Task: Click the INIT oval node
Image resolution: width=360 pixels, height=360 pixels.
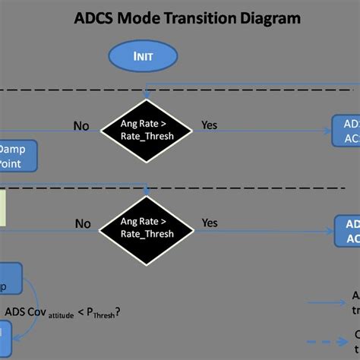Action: tap(144, 55)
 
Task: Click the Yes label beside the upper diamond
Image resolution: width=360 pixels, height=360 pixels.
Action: tap(210, 125)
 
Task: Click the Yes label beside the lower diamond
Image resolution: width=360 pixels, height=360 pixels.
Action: tap(210, 223)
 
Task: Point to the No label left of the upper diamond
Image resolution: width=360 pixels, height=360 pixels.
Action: tap(81, 125)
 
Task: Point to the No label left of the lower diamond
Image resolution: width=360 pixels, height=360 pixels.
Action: tap(83, 224)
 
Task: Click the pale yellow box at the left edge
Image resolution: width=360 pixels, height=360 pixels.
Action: tap(3, 208)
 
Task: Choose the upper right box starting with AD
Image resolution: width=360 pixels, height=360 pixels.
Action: tap(346, 131)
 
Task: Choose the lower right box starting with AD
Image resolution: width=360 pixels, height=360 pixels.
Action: tap(347, 231)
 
